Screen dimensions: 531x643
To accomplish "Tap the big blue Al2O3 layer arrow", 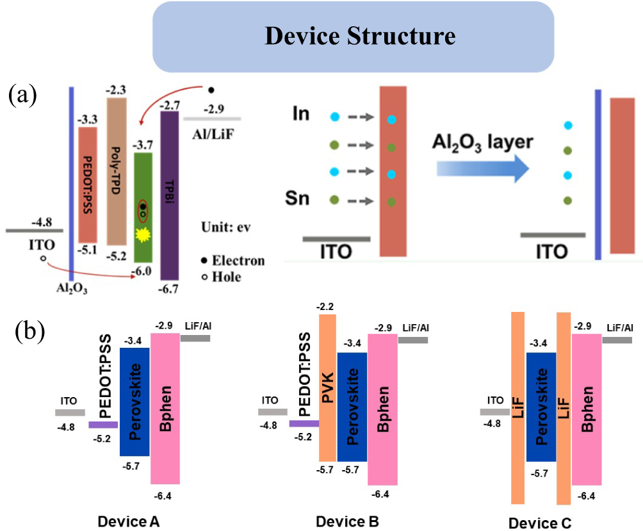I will click(x=483, y=167).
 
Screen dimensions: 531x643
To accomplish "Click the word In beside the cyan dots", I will click(x=300, y=115).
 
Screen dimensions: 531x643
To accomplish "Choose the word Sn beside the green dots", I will click(x=298, y=199).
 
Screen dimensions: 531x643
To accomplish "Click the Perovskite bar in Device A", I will click(x=134, y=402).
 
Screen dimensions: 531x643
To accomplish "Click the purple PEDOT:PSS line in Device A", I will click(x=102, y=424).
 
